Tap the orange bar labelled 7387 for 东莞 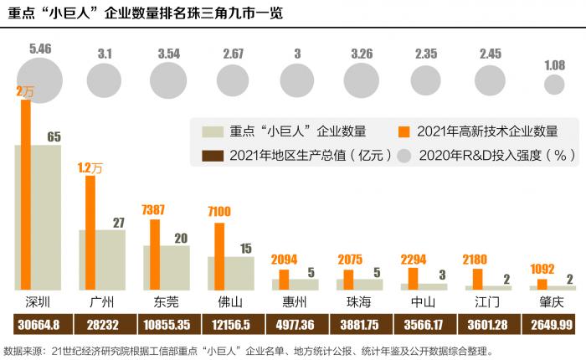154,255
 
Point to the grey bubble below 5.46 39,81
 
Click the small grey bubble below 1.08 554,84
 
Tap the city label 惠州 296,301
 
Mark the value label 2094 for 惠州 285,260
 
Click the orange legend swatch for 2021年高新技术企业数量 404,131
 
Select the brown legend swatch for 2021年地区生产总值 213,156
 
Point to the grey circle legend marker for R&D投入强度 404,156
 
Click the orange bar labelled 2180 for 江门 478,279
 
